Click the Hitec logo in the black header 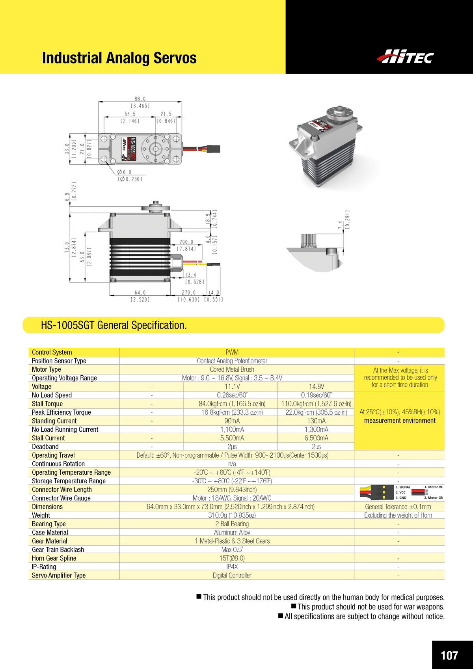[405, 57]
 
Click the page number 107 [449, 655]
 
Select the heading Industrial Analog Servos [119, 58]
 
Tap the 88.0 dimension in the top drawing [140, 99]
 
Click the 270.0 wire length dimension [188, 293]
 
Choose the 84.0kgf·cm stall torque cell [232, 404]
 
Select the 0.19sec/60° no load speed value [316, 395]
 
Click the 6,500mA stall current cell [316, 438]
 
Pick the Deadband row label [45, 447]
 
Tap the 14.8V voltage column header [316, 387]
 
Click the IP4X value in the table [232, 567]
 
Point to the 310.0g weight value [232, 515]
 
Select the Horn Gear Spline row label [54, 558]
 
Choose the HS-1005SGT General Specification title [114, 325]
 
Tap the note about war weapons [371, 607]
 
